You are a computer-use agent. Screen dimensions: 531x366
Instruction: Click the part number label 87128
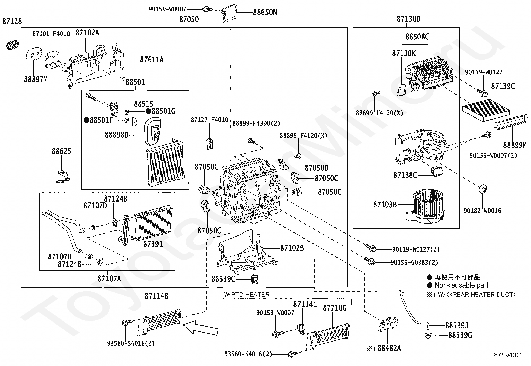[12, 21]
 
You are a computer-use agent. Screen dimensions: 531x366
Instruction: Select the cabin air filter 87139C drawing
[486, 110]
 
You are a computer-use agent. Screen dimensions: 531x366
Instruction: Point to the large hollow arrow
[201, 328]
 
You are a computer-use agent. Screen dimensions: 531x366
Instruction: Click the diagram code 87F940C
[507, 355]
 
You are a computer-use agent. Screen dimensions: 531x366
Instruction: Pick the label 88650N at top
[265, 12]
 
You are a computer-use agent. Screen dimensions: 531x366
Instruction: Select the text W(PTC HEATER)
[247, 294]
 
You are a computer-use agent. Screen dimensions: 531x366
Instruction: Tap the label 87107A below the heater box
[109, 279]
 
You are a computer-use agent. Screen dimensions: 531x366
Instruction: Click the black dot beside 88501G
[148, 111]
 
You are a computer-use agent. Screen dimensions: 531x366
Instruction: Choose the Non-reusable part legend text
[461, 285]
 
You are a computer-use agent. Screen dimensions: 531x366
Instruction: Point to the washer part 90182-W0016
[482, 189]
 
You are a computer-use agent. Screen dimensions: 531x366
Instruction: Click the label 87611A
[152, 60]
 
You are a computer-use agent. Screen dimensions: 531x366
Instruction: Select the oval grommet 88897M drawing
[34, 54]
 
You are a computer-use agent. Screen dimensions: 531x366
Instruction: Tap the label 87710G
[335, 308]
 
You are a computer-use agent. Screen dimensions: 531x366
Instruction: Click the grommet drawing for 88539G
[428, 335]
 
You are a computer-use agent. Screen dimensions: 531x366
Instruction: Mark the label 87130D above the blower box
[409, 19]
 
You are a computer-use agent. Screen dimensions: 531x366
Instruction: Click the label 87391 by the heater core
[153, 244]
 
